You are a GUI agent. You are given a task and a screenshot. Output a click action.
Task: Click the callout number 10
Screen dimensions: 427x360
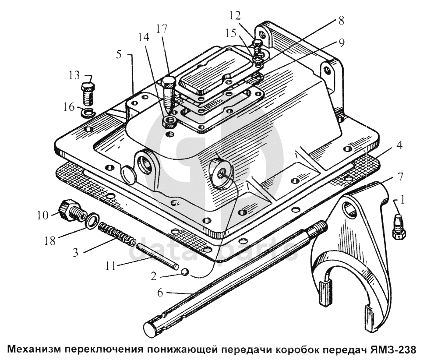tap(43, 215)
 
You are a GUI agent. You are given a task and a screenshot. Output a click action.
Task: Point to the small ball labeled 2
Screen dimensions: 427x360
tap(185, 272)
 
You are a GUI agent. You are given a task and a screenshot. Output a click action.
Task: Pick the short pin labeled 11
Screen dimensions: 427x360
tap(157, 256)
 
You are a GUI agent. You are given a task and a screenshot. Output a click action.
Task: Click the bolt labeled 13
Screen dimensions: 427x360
tap(88, 93)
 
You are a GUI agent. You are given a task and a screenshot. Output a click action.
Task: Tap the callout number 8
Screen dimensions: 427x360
tap(341, 21)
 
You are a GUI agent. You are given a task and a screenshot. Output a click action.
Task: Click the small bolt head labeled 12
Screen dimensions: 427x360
tap(258, 43)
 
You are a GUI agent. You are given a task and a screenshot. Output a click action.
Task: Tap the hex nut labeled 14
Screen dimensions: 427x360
tap(169, 121)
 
